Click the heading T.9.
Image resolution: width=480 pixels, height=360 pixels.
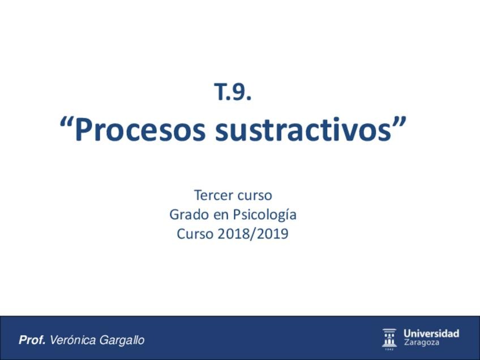(x=233, y=92)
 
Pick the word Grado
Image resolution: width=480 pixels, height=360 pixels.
(x=186, y=215)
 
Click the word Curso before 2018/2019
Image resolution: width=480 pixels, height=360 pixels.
(x=195, y=234)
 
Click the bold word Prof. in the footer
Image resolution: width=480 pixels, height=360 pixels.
(x=32, y=340)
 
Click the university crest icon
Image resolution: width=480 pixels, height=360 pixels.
(x=389, y=338)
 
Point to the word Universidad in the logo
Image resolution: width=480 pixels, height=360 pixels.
(x=431, y=333)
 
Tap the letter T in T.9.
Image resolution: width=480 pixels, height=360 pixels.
(x=220, y=92)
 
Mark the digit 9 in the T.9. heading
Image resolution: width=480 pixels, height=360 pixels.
(x=240, y=92)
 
